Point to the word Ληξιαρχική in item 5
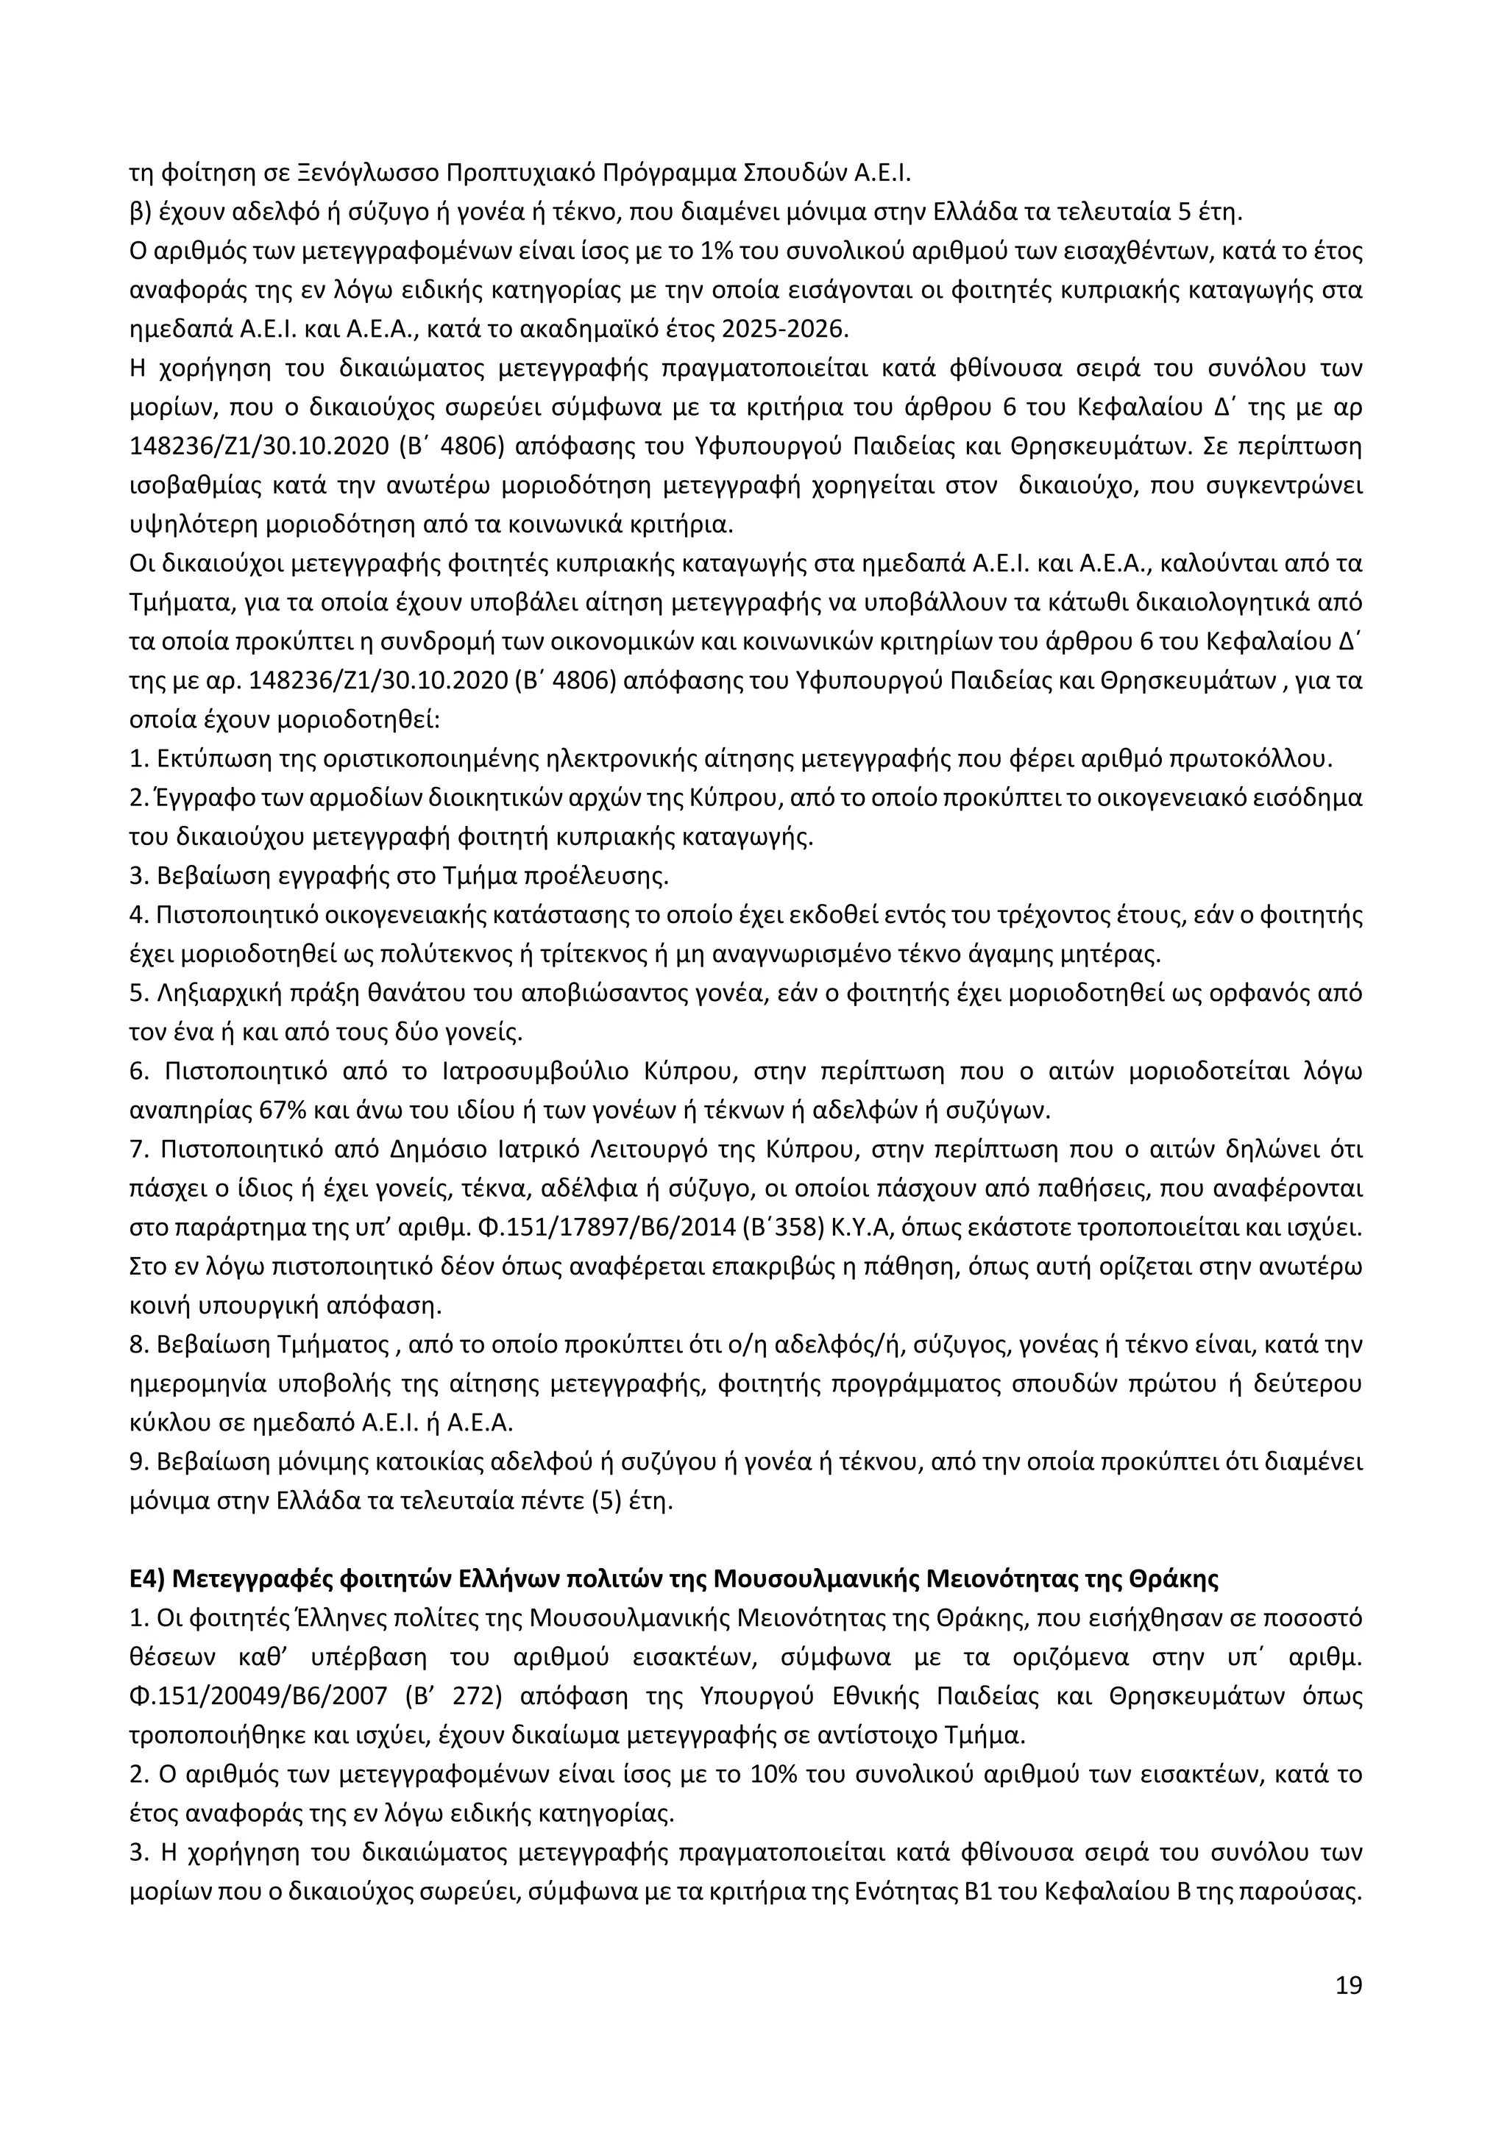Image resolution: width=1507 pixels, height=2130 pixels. pyautogui.click(x=203, y=993)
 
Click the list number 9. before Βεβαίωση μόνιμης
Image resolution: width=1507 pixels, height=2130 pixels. pyautogui.click(x=139, y=1461)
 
